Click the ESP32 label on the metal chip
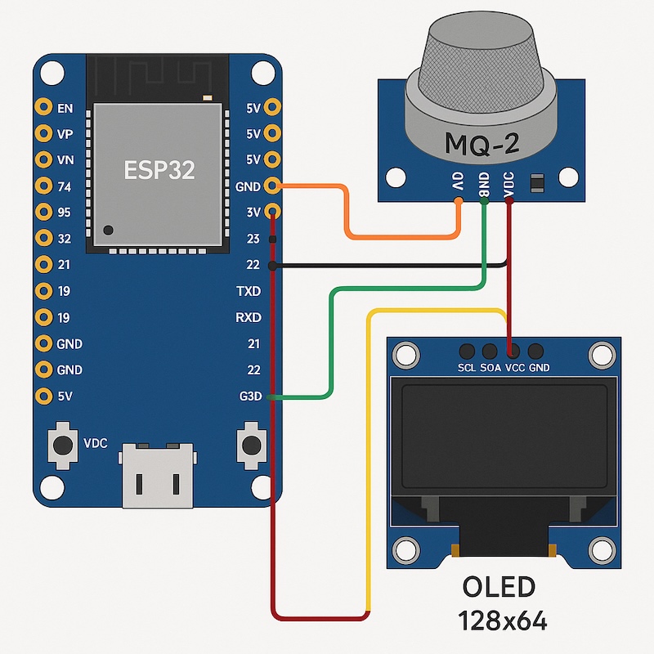[158, 169]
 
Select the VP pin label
[66, 133]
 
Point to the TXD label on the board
[248, 291]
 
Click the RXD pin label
[248, 317]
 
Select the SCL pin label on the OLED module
[468, 368]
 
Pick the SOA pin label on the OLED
[490, 368]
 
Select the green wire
[330, 343]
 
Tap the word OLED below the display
[499, 588]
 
